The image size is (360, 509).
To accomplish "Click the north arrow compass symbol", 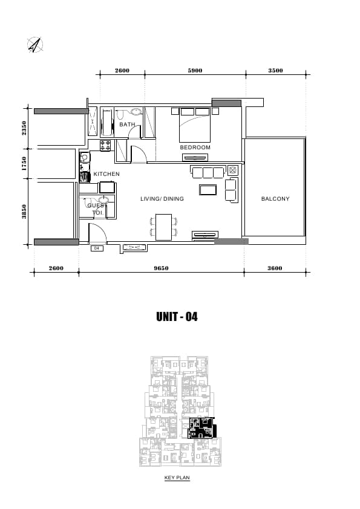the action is coord(35,45).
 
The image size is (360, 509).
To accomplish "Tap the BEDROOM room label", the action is coord(195,147).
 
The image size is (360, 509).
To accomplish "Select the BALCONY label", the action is coord(275,199).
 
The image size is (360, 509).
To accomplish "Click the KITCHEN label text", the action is coord(106,174).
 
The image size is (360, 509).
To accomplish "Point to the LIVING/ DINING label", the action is coord(162,199).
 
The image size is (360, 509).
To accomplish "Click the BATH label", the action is coord(127,125).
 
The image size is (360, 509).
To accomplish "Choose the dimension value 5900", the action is coord(195,71).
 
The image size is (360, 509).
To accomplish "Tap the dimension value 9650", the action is coord(161,268).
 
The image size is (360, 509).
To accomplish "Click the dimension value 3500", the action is coord(275,71).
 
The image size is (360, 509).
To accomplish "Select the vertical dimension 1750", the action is coord(24,164).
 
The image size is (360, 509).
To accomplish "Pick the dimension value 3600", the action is coord(275,268).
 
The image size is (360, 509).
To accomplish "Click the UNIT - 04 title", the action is coord(177,317).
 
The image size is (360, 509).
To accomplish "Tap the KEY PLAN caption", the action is coord(177,478).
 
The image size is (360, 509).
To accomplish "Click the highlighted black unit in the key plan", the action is coord(201,429).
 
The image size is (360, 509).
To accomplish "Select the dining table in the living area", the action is coord(163,227).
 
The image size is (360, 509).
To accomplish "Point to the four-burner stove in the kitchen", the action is coord(105,146).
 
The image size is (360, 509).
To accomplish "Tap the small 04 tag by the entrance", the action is coord(96,248).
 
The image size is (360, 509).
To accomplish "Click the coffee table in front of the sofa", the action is coord(208,190).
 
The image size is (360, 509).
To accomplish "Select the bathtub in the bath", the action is coord(107,123).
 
